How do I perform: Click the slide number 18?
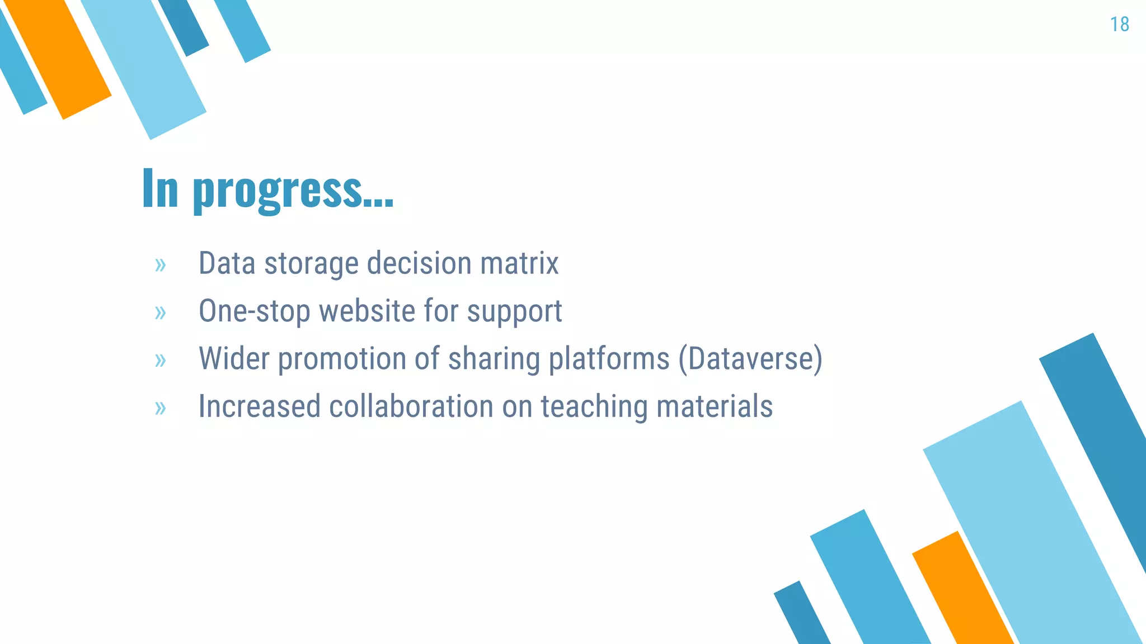click(1119, 25)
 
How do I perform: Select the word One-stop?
click(254, 311)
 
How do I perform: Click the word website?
click(367, 311)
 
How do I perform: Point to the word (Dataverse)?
click(750, 358)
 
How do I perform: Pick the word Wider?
click(234, 358)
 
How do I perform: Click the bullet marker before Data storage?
click(161, 264)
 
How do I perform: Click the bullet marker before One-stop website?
click(161, 312)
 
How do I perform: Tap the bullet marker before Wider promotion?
click(161, 360)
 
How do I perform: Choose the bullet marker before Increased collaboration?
click(161, 408)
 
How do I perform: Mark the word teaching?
click(594, 407)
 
